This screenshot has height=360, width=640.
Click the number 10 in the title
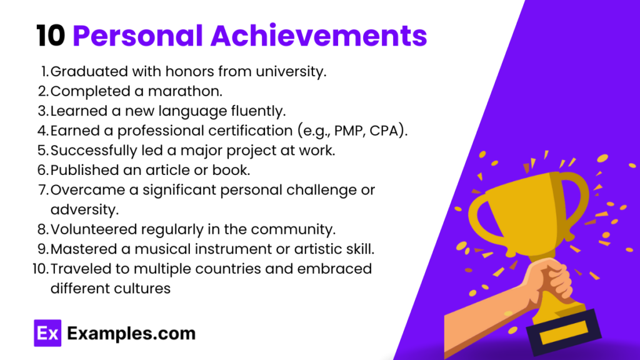(x=50, y=36)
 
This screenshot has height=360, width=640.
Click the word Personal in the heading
(x=139, y=36)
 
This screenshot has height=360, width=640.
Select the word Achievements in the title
(x=319, y=36)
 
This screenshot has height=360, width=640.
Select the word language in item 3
(x=177, y=111)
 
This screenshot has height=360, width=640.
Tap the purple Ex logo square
(x=46, y=333)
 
